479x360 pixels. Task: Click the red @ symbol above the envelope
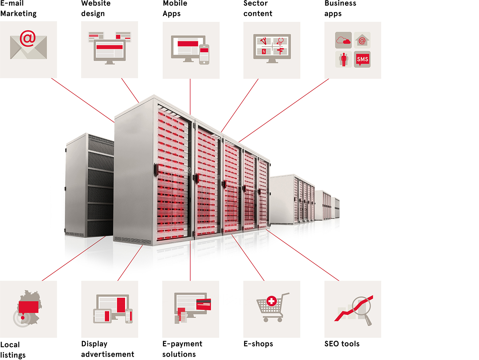click(x=28, y=38)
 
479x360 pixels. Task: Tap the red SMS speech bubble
click(x=362, y=59)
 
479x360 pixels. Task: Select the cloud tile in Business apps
click(x=343, y=40)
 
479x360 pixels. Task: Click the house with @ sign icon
click(x=362, y=40)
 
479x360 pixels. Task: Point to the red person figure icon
click(x=344, y=59)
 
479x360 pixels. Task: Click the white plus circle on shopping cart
click(x=271, y=301)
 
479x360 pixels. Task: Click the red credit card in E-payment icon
click(x=204, y=304)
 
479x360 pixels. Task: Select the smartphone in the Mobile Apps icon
click(x=204, y=55)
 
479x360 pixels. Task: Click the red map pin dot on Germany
click(x=23, y=318)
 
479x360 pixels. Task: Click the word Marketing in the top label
click(x=18, y=14)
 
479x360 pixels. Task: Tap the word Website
click(x=96, y=3)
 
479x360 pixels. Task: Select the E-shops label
click(x=258, y=344)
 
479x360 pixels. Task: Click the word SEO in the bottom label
click(x=332, y=344)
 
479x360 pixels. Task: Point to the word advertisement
click(x=107, y=354)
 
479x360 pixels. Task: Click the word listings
click(x=13, y=355)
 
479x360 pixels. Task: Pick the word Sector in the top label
click(x=255, y=3)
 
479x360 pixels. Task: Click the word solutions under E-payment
click(x=179, y=354)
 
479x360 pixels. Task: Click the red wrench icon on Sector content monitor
click(x=263, y=41)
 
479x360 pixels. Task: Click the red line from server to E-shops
click(x=248, y=258)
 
